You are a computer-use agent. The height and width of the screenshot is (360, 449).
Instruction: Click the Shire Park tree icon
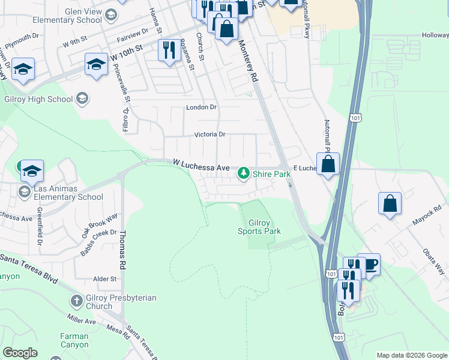pos(243,173)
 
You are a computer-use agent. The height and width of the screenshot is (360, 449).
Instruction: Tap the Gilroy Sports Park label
pos(259,227)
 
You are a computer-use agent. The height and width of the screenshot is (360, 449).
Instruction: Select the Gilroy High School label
pos(40,99)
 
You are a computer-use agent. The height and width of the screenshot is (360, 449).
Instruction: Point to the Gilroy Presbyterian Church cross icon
pos(76,301)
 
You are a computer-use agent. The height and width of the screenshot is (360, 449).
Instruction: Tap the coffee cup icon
pos(370,264)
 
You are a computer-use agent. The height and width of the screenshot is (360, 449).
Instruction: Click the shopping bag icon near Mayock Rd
pos(390,203)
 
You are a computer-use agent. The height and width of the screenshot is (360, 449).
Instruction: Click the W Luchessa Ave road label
pos(201,164)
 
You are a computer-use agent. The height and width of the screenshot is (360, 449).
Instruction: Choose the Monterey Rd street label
pos(248,61)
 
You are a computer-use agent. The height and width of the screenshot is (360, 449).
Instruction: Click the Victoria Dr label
pos(209,134)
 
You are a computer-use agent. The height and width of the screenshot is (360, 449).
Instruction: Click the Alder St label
pos(104,279)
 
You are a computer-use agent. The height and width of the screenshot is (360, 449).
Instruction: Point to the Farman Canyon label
pos(74,341)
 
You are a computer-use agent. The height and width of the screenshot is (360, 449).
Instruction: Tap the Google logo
pos(20,353)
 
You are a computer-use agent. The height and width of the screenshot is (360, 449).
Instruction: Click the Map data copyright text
pos(411,355)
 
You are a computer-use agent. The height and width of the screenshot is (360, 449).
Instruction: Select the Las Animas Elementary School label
pos(68,193)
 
